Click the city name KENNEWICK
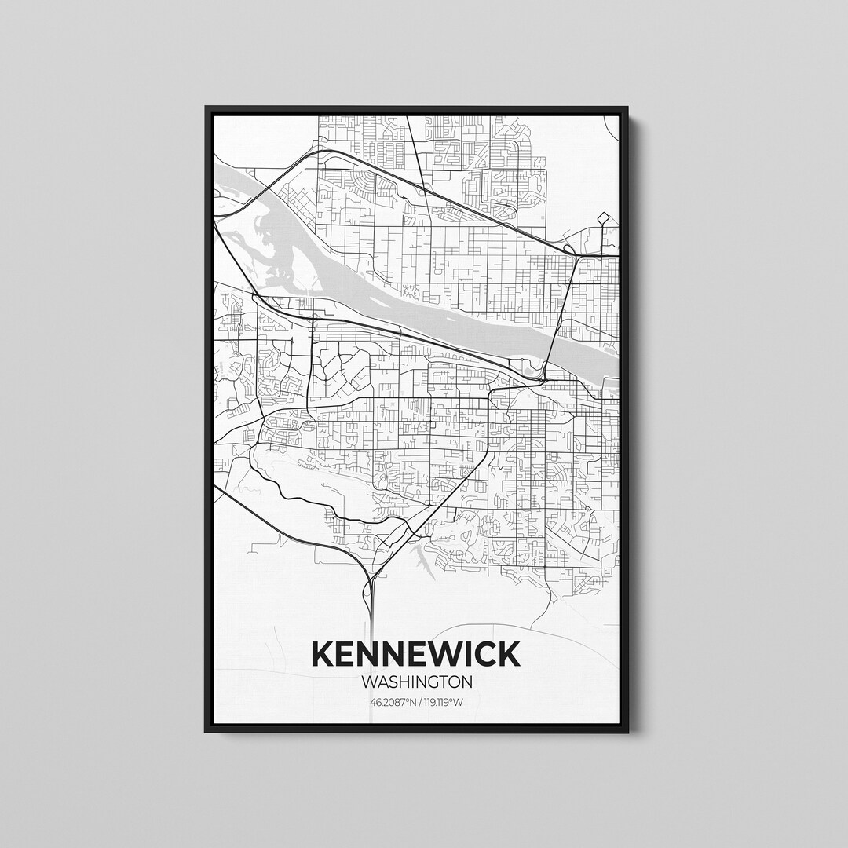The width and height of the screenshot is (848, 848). coord(416,653)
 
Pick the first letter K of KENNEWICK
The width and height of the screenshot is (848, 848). coord(323,653)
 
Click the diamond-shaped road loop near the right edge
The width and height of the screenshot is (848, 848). coord(603,217)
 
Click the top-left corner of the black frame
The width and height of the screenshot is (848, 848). coord(207,108)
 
